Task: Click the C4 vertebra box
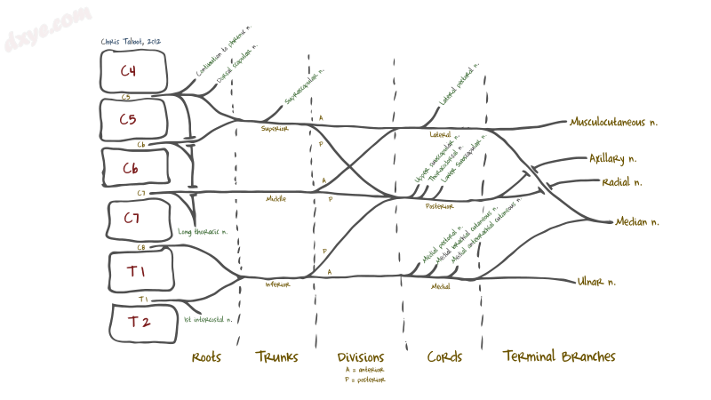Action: click(x=130, y=70)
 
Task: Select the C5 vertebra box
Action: click(x=130, y=118)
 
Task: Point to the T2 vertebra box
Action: click(x=139, y=322)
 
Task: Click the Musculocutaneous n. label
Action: click(x=617, y=122)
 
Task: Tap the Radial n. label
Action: click(x=621, y=182)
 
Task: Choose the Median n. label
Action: click(x=637, y=221)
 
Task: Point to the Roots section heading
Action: click(x=206, y=357)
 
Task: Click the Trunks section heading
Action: click(x=276, y=357)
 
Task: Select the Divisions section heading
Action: click(x=361, y=357)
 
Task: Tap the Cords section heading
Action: click(x=444, y=357)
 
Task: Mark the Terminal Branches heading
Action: click(x=559, y=357)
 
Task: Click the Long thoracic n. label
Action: click(x=203, y=232)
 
